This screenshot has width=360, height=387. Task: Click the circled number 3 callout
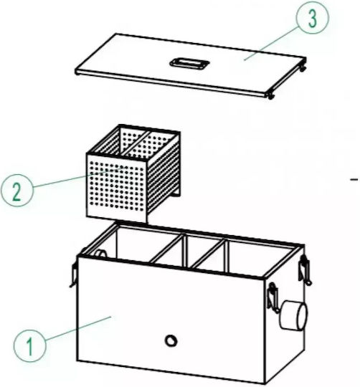click(x=313, y=18)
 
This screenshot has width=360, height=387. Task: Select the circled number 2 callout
click(x=16, y=191)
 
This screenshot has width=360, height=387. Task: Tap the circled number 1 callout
click(x=29, y=345)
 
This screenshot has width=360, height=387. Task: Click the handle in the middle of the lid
click(x=189, y=62)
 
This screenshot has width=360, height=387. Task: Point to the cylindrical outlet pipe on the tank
click(x=293, y=315)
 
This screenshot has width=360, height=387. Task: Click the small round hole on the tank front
click(x=171, y=341)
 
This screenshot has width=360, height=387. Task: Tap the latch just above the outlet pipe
click(x=273, y=298)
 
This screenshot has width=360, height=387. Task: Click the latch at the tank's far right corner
click(x=305, y=270)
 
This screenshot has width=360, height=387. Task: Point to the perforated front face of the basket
click(x=116, y=186)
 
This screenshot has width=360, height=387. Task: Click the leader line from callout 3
click(x=271, y=44)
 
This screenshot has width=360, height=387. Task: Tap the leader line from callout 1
click(x=79, y=328)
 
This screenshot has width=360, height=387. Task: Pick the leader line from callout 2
click(x=77, y=178)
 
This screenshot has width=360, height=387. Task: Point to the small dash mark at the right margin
click(x=354, y=180)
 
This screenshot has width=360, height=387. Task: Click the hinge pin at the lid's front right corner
click(x=270, y=96)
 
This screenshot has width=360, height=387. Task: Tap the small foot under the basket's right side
click(x=175, y=194)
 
